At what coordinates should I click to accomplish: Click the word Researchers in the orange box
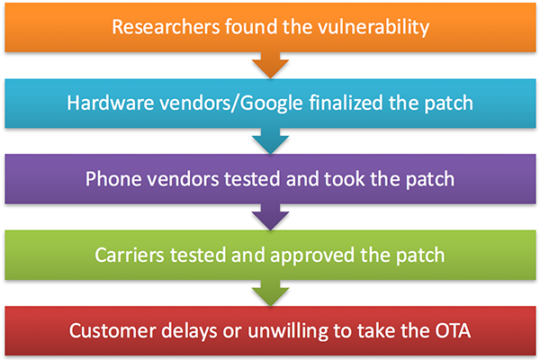166,27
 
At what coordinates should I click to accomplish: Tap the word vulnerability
373,28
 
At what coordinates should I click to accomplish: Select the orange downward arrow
270,66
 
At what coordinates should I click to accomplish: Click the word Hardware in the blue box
110,103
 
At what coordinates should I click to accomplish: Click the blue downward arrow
270,141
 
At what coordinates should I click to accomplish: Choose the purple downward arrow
270,218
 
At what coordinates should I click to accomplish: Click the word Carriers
130,256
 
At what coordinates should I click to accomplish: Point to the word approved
312,256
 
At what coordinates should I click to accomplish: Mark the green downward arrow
270,293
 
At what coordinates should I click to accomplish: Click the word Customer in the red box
112,330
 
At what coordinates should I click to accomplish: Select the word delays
189,331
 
